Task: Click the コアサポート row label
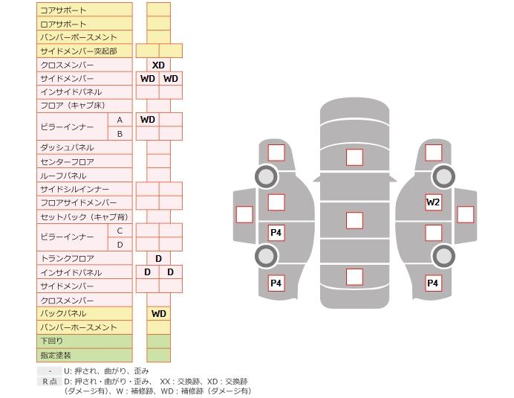tap(63, 10)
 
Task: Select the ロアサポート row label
tap(63, 24)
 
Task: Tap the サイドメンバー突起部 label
tap(78, 51)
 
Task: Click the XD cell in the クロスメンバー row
tap(158, 65)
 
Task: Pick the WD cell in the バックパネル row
tap(159, 313)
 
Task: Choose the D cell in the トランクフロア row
tap(159, 258)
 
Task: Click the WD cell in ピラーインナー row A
tap(147, 119)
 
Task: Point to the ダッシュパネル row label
tap(67, 147)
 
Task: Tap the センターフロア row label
tap(67, 161)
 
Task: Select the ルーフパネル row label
tap(63, 176)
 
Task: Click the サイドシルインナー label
tap(74, 189)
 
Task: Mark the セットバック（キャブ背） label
tap(84, 216)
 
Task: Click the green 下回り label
tap(52, 341)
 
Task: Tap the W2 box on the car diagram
tap(433, 202)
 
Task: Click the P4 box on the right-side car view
tap(432, 283)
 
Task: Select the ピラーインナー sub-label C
tap(120, 231)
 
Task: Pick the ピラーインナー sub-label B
tap(120, 134)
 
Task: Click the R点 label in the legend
tap(49, 381)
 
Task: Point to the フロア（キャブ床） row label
tap(73, 106)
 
